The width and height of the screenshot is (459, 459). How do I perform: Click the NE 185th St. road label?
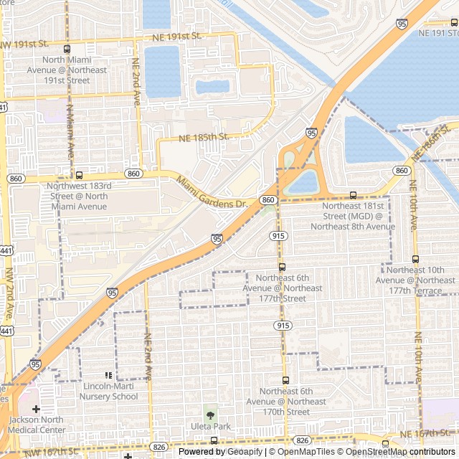tap(203, 136)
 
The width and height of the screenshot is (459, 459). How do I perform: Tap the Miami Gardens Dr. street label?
tap(212, 193)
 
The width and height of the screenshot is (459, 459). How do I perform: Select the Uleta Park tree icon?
tap(210, 414)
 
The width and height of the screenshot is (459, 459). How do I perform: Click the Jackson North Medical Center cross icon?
tap(36, 409)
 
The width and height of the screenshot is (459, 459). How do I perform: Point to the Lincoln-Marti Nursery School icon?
tap(108, 374)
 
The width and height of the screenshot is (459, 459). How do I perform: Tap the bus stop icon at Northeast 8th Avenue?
tap(353, 195)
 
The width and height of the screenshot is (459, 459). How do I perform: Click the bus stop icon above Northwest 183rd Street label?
tap(79, 175)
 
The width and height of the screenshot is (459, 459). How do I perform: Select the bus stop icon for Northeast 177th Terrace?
tap(416, 259)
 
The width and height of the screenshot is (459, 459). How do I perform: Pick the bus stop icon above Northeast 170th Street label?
tap(285, 380)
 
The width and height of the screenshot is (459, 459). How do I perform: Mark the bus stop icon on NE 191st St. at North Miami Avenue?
tap(67, 49)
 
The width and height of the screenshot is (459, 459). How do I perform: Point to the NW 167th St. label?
tap(50, 453)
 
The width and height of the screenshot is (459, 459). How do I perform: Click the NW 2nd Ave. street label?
tap(9, 280)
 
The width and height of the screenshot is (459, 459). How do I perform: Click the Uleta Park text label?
tap(210, 427)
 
